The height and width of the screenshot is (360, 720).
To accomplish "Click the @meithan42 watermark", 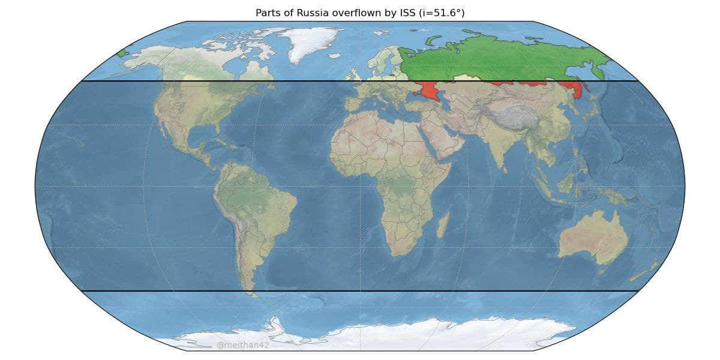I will click(243, 346).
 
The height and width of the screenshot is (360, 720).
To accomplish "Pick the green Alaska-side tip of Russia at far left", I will click(124, 53).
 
